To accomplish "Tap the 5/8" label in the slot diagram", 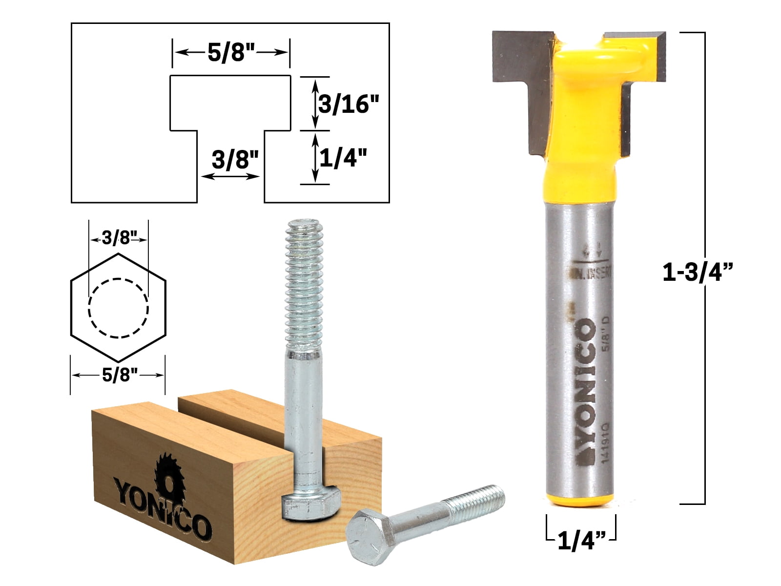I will coord(231,52).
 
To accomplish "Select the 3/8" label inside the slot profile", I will coord(234,159).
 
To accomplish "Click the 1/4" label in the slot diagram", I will coord(343,158).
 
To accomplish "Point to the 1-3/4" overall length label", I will coord(698,272).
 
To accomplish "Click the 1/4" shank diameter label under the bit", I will coord(581,541).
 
